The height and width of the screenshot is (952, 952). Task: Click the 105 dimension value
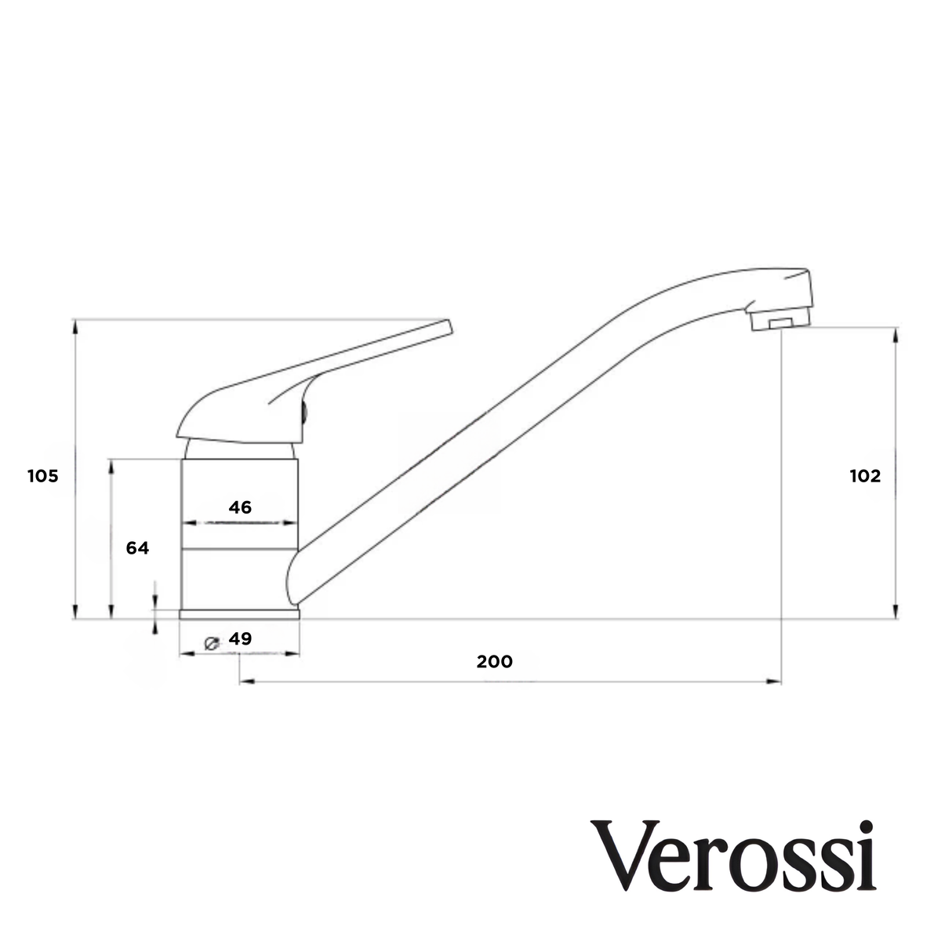(43, 476)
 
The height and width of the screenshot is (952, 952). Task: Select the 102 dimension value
(865, 476)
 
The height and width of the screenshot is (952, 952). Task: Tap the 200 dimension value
(495, 661)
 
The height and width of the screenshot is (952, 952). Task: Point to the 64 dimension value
(137, 548)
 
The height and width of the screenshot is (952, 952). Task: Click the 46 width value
(240, 507)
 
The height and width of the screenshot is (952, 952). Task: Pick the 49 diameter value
(241, 639)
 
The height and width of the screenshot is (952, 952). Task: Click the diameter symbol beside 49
(211, 642)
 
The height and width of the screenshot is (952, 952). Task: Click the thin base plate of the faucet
(240, 615)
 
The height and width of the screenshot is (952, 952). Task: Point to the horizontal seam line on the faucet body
(240, 547)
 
